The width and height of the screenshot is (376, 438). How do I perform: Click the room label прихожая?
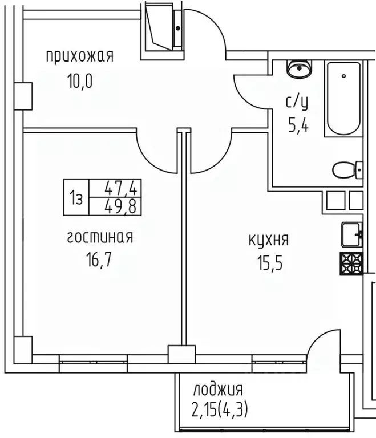tap(79, 56)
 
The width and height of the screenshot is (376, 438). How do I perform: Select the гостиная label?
tap(100, 237)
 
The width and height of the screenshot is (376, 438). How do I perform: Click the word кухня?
tap(268, 240)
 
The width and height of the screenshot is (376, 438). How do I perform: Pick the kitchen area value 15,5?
tap(268, 264)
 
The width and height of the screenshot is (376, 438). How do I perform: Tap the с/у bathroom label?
tap(297, 102)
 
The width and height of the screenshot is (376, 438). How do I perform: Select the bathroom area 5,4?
tap(297, 126)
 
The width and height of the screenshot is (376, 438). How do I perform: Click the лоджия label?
tap(218, 391)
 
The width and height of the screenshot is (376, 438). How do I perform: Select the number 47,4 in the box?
tap(123, 188)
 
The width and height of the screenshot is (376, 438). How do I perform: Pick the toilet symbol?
tap(346, 170)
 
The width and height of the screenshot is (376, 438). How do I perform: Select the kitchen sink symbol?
tap(351, 232)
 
